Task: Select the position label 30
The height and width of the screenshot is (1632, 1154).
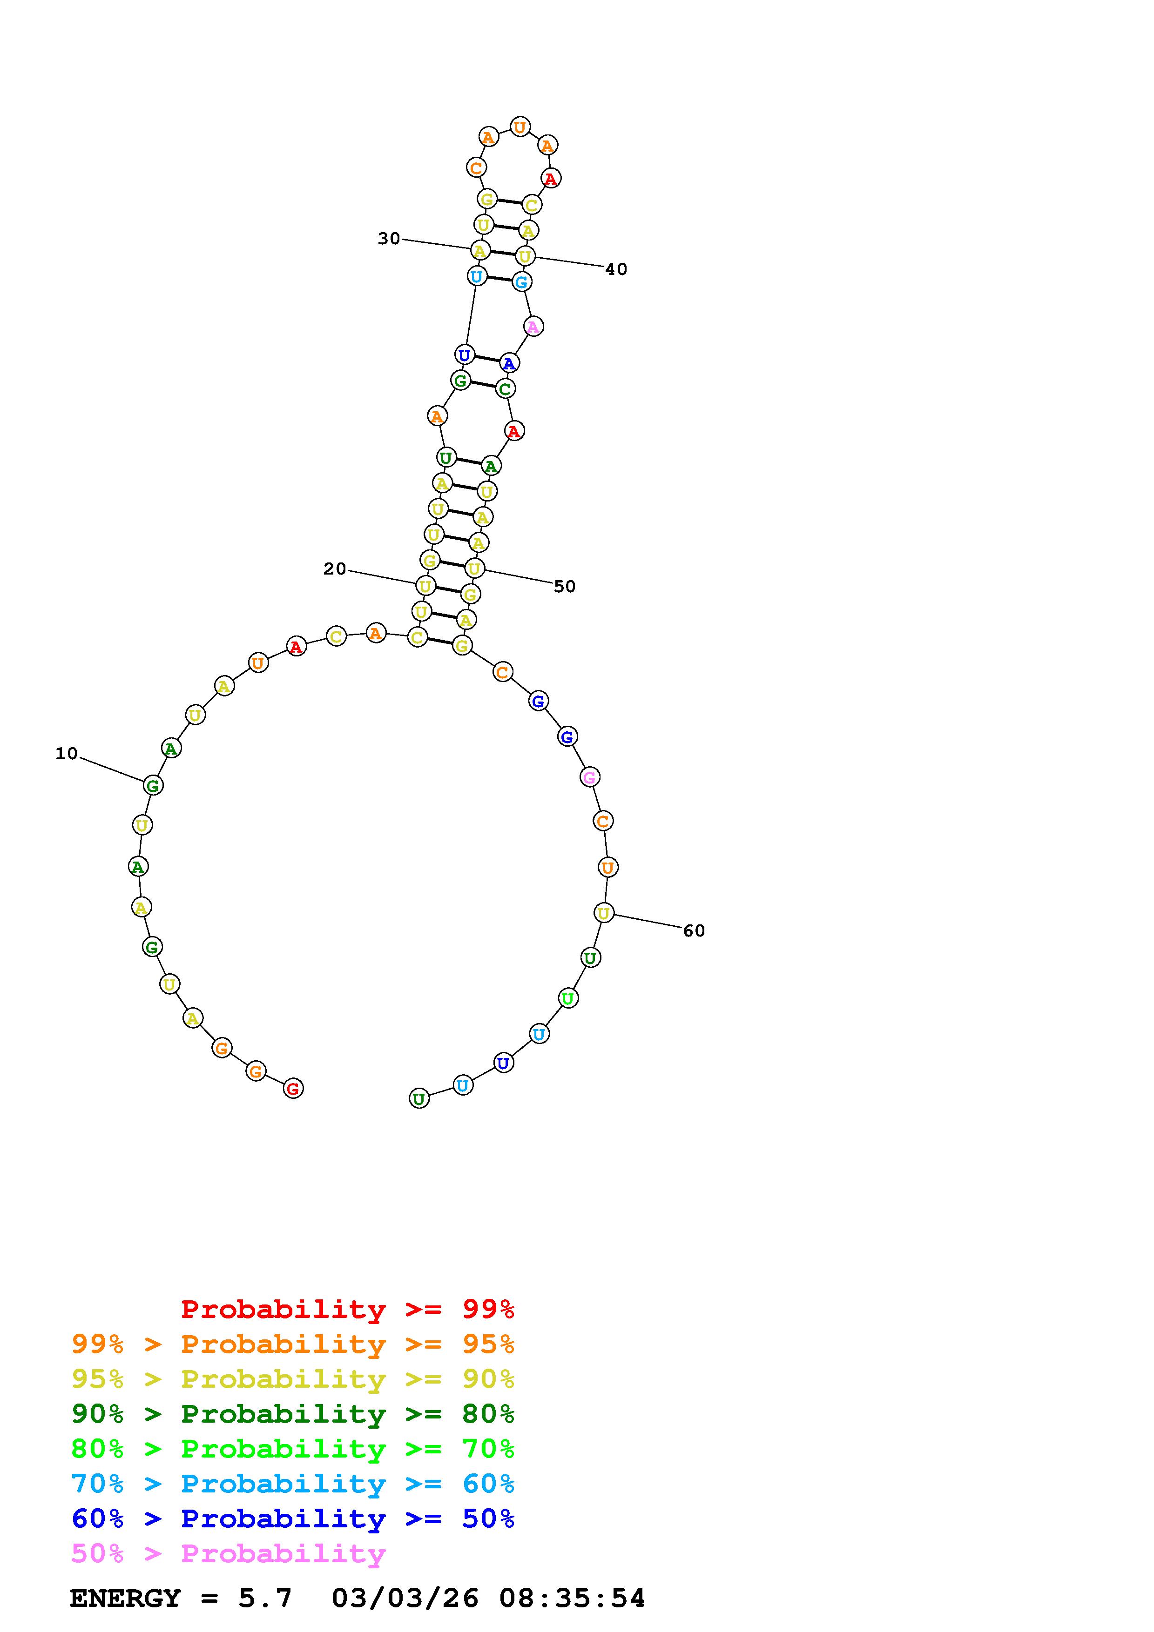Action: (389, 239)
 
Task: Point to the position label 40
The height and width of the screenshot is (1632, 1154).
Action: (616, 269)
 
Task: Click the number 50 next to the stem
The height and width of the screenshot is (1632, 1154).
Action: (565, 586)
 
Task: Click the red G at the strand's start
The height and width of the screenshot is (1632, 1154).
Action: (293, 1088)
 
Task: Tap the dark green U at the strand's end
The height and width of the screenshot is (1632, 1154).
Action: (419, 1099)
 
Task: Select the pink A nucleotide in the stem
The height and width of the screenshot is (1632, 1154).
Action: (533, 326)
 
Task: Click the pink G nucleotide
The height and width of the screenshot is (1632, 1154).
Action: (589, 777)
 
